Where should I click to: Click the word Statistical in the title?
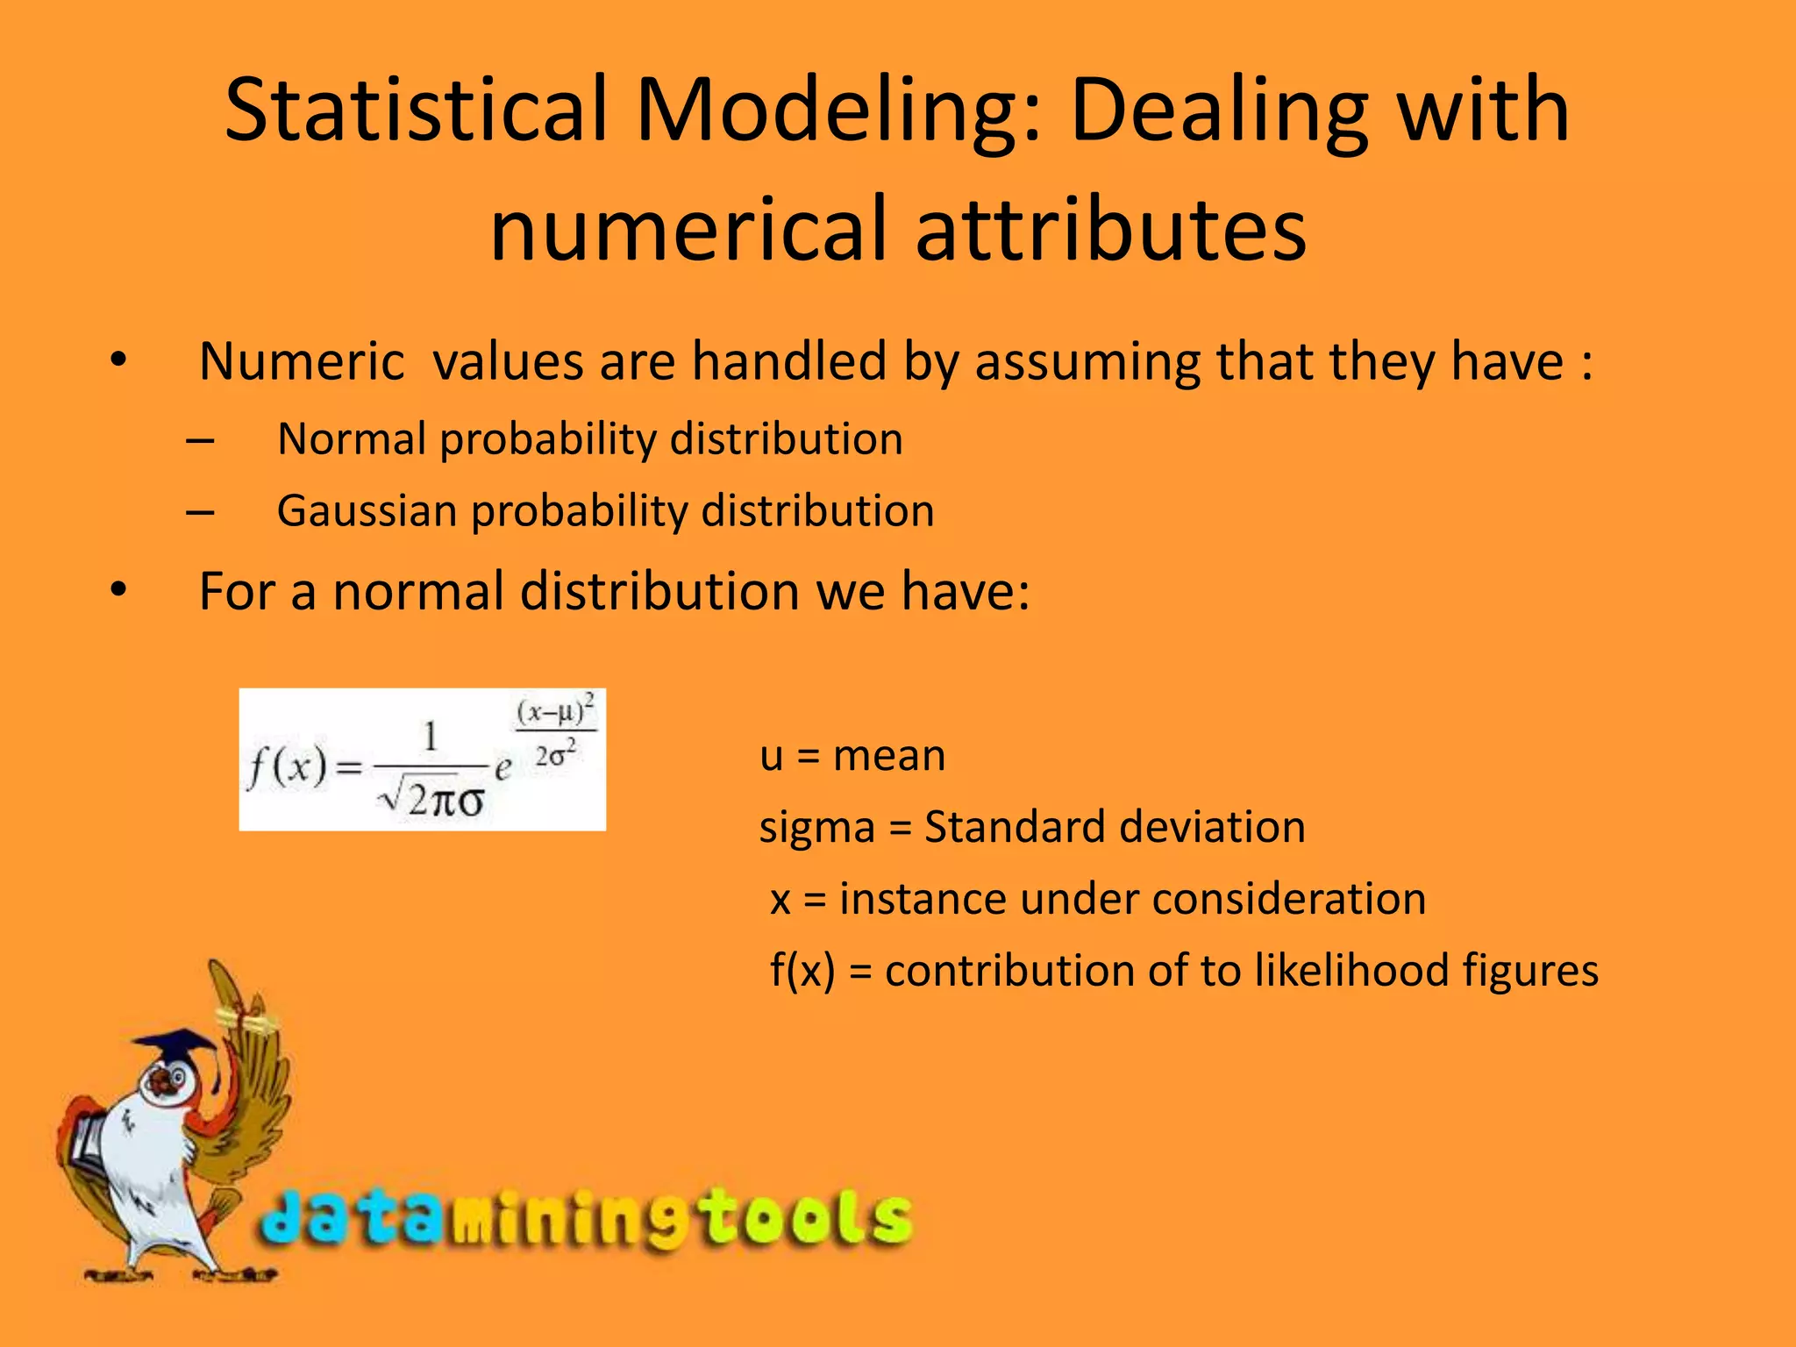coord(417,110)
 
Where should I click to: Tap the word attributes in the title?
coord(1111,230)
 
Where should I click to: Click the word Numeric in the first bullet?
coord(302,361)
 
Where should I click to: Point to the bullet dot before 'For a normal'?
coord(119,590)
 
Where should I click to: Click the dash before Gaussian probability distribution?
coord(200,510)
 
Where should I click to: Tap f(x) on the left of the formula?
coord(287,768)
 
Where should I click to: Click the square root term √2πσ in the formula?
coord(431,798)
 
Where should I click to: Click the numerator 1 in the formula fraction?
coord(431,737)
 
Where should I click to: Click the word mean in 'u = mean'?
coord(889,755)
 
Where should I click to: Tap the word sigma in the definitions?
coord(816,828)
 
